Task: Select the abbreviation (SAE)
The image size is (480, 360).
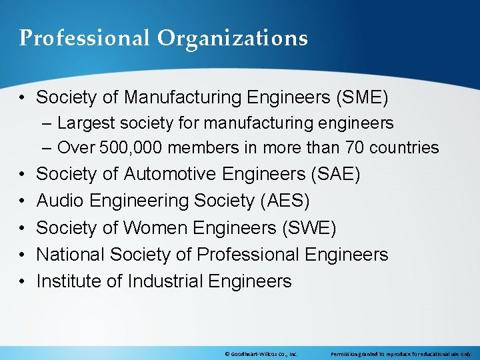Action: click(335, 174)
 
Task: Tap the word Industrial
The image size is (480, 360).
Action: click(163, 281)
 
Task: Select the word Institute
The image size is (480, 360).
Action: click(69, 281)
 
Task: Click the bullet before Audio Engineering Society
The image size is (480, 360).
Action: click(22, 201)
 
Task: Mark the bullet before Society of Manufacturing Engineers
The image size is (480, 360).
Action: click(22, 97)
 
